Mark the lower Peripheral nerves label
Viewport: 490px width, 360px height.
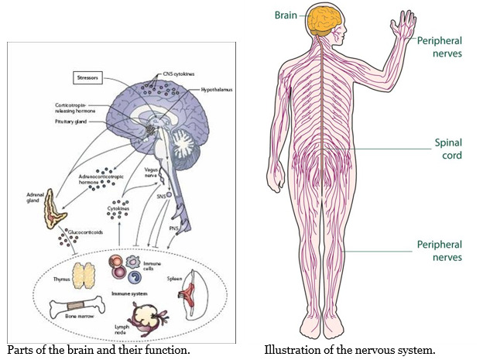point(439,251)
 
